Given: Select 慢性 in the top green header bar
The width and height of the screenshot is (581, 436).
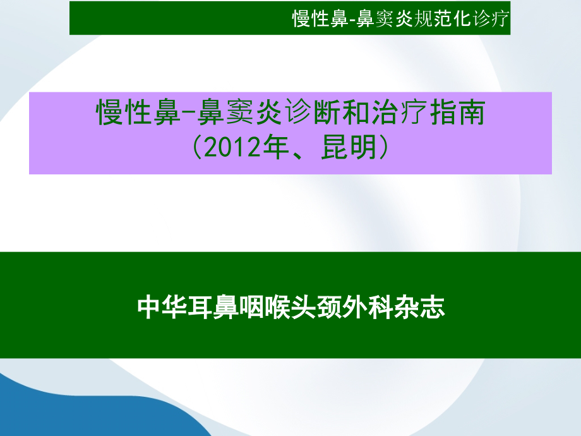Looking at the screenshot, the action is [311, 18].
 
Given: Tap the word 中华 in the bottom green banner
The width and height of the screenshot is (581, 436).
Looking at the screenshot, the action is [162, 307].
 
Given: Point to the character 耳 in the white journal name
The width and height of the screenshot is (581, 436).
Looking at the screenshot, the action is [200, 307].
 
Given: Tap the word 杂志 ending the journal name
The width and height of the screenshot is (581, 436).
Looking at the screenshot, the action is [419, 307].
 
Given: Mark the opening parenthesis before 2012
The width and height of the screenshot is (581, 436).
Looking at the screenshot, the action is [197, 147].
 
